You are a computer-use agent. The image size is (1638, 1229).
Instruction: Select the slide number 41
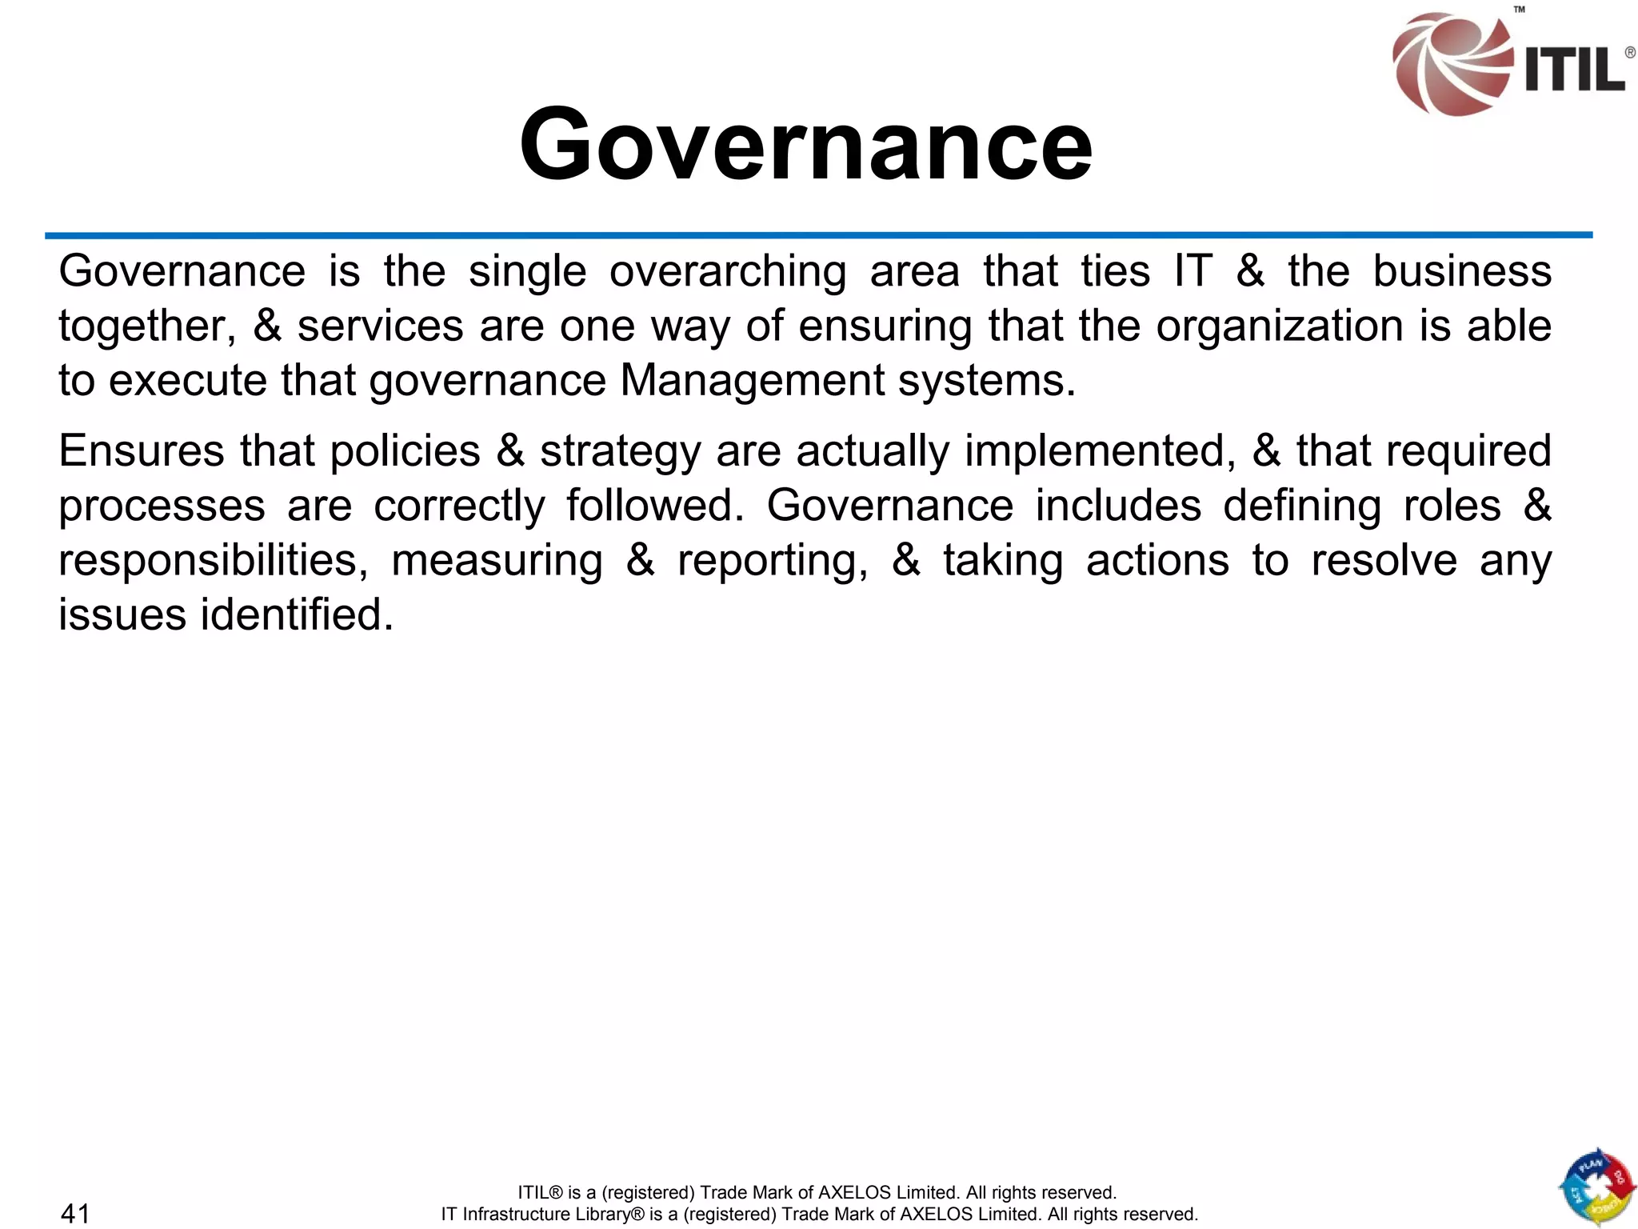pyautogui.click(x=75, y=1213)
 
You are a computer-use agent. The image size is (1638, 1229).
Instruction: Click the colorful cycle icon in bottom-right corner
pyautogui.click(x=1596, y=1187)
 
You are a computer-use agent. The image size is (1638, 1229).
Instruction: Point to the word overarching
pyautogui.click(x=728, y=272)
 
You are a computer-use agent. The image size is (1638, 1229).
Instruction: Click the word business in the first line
pyautogui.click(x=1462, y=272)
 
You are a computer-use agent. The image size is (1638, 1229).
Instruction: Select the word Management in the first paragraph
pyautogui.click(x=752, y=381)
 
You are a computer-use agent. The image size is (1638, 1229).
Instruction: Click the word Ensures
pyautogui.click(x=142, y=450)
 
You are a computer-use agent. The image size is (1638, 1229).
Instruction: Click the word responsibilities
pyautogui.click(x=213, y=560)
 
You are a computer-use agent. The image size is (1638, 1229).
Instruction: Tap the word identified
pyautogui.click(x=297, y=614)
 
